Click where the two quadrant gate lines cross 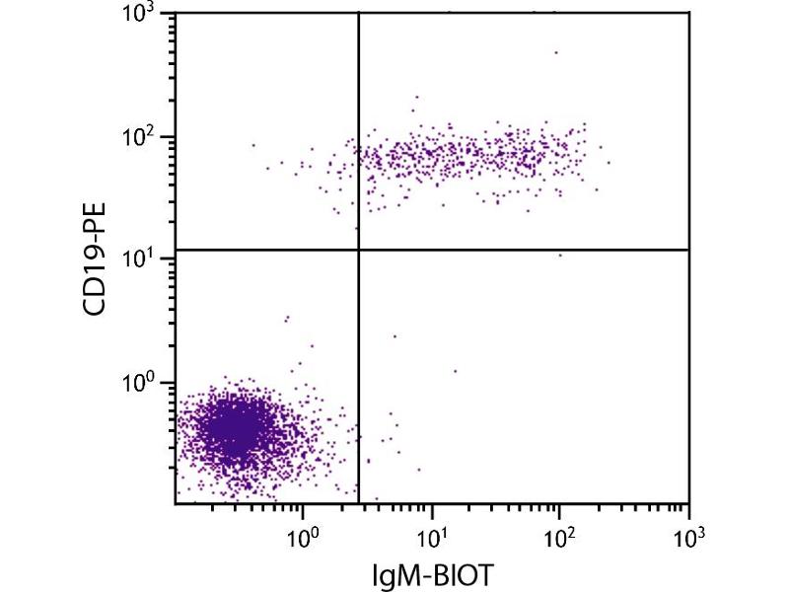click(x=358, y=250)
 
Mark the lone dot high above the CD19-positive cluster click(x=556, y=52)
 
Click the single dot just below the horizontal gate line click(x=560, y=255)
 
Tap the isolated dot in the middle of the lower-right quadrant click(x=455, y=371)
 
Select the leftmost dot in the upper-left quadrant click(x=252, y=145)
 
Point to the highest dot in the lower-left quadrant click(x=287, y=318)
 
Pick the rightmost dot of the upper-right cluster click(x=609, y=163)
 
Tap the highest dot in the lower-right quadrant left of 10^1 click(x=394, y=336)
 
